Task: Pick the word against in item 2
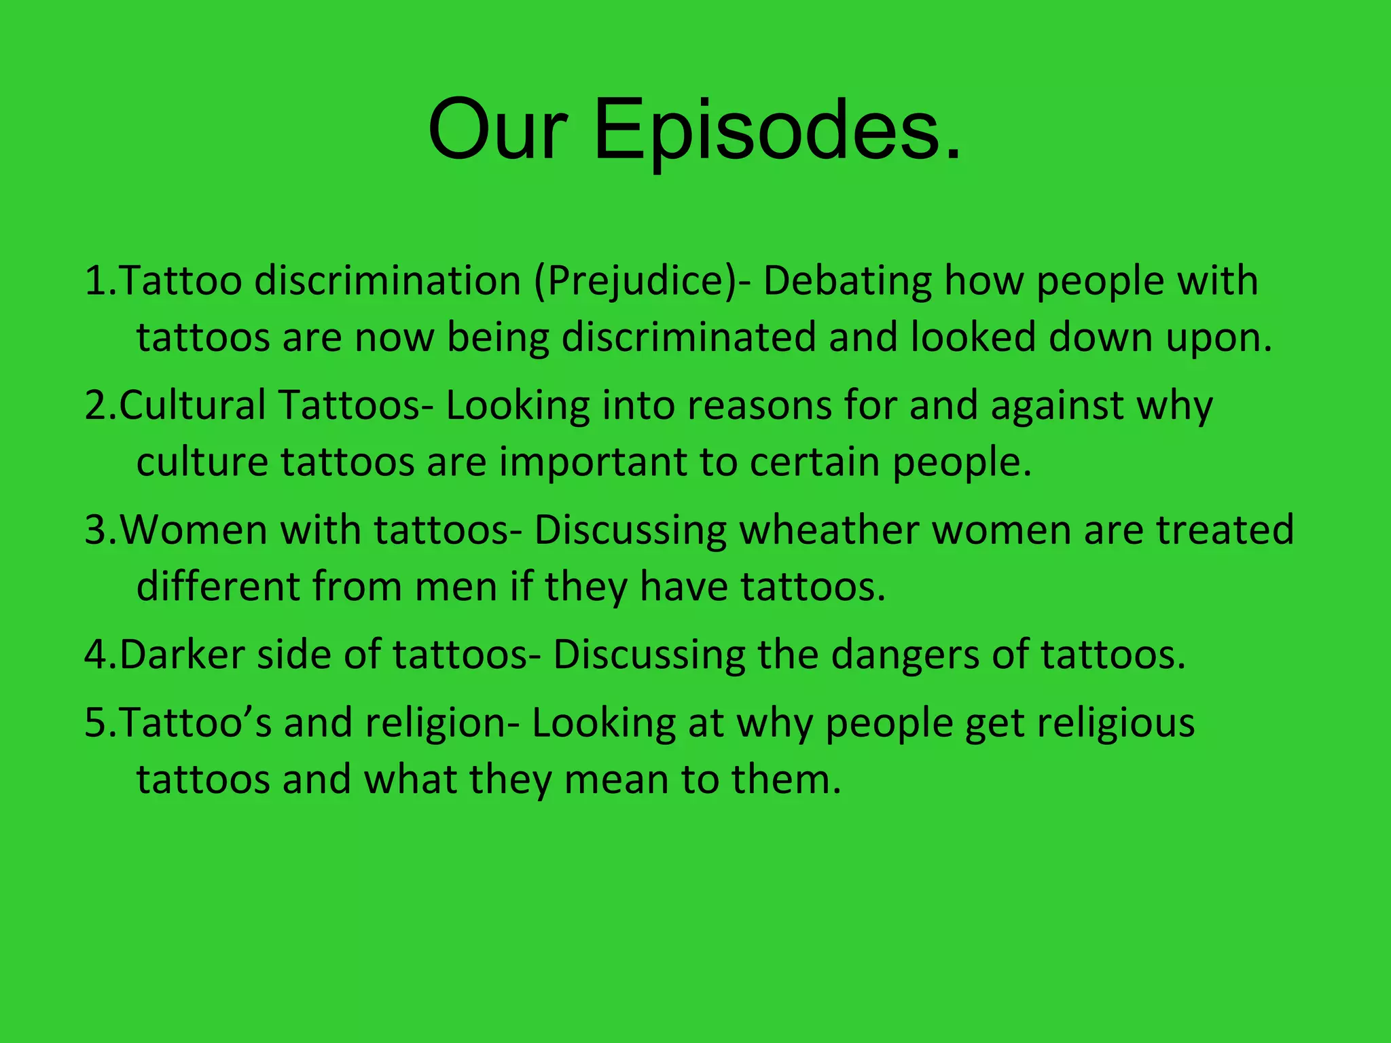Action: [1057, 405]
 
